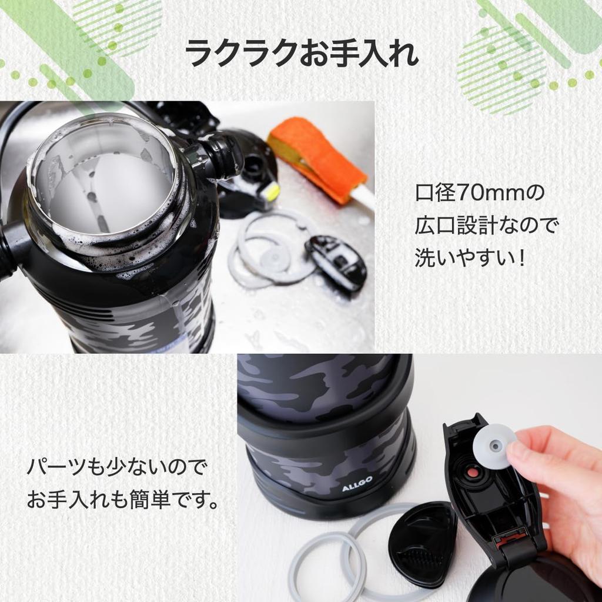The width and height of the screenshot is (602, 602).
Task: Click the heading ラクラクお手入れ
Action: click(301, 55)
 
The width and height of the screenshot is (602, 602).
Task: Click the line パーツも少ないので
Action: click(117, 469)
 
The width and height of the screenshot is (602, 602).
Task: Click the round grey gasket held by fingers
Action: click(493, 447)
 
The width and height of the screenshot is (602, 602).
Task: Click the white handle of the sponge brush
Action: click(364, 197)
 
